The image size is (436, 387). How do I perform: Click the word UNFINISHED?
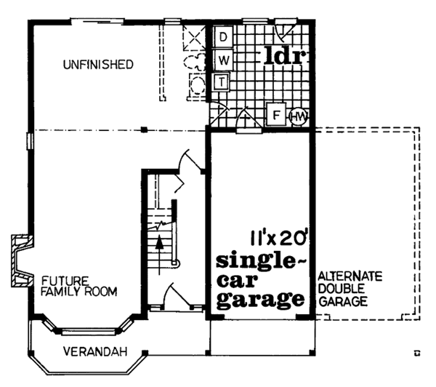click(98, 65)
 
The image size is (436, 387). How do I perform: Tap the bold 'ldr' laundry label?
click(286, 55)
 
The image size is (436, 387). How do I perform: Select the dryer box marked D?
click(224, 36)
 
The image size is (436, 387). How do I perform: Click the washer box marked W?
click(224, 58)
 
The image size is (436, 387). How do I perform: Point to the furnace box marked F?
click(276, 115)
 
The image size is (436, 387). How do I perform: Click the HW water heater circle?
click(299, 116)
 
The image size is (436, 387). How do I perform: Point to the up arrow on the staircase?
click(159, 245)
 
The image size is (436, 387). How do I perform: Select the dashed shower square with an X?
click(195, 36)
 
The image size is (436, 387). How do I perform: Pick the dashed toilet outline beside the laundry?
click(195, 62)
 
